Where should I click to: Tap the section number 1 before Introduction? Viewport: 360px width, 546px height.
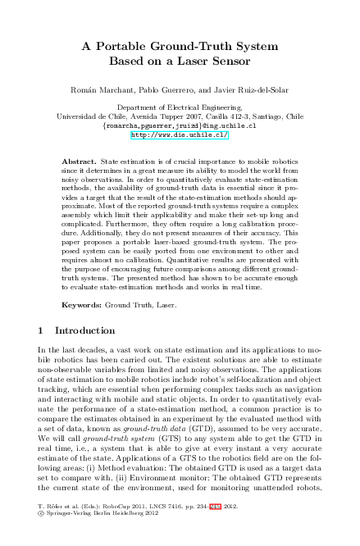(42, 330)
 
